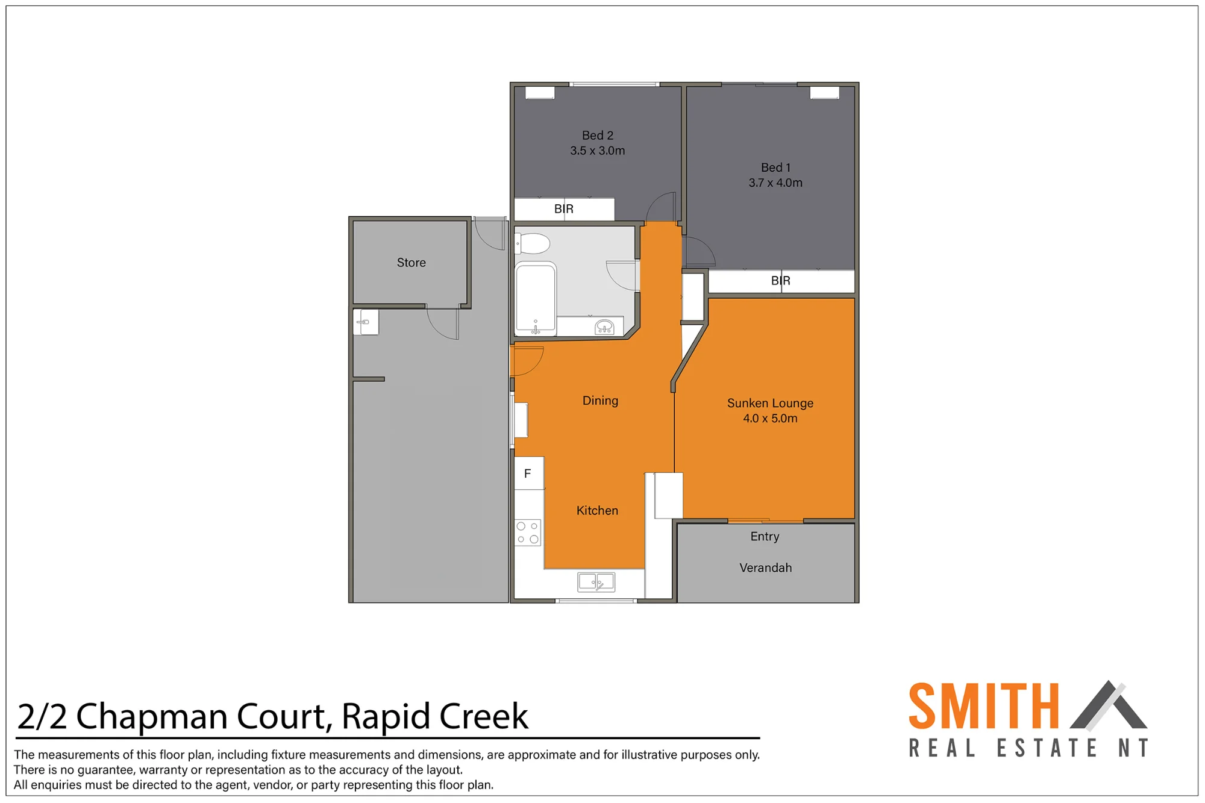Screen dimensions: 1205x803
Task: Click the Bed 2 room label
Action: tap(597, 136)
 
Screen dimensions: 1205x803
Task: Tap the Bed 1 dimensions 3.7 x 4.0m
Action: tap(775, 183)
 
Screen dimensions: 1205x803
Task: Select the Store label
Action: tap(412, 263)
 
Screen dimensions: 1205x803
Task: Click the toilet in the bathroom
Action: tap(533, 244)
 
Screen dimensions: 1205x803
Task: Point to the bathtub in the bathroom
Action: tap(536, 298)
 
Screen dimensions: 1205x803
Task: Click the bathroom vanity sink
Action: tap(604, 327)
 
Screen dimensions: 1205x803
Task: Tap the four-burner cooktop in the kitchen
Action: tap(528, 533)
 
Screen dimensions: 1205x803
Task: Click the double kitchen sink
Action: tap(596, 582)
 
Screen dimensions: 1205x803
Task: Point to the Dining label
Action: tap(600, 401)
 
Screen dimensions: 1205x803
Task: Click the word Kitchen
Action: tap(597, 511)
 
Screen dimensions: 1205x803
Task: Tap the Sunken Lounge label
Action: tap(770, 403)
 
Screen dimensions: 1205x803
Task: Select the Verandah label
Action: tap(766, 567)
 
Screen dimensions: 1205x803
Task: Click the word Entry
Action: tap(765, 536)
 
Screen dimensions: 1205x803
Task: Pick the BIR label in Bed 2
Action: tap(564, 209)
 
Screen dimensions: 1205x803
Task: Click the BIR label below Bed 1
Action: tap(781, 281)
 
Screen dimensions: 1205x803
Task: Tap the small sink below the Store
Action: tap(366, 322)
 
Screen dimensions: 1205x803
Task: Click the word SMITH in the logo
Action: tap(984, 706)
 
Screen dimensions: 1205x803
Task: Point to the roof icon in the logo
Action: tap(1109, 705)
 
